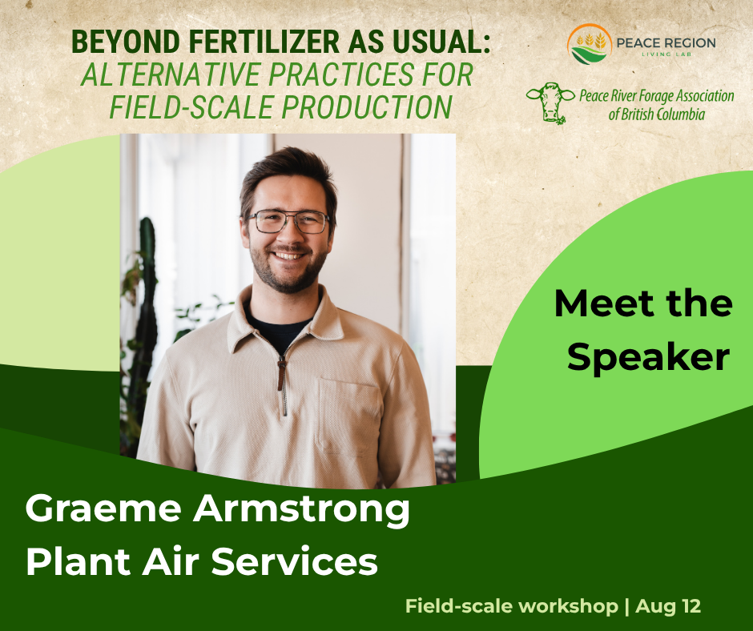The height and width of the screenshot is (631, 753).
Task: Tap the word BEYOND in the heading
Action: [125, 42]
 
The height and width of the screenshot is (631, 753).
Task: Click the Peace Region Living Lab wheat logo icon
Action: [590, 44]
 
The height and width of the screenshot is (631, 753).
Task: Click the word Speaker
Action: [648, 357]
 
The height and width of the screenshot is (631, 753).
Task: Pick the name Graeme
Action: [103, 509]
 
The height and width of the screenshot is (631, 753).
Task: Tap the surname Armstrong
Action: [301, 510]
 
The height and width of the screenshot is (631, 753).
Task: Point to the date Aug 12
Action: [668, 606]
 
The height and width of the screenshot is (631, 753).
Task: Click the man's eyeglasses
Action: [288, 222]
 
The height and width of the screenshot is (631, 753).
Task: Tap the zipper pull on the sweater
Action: [281, 374]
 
